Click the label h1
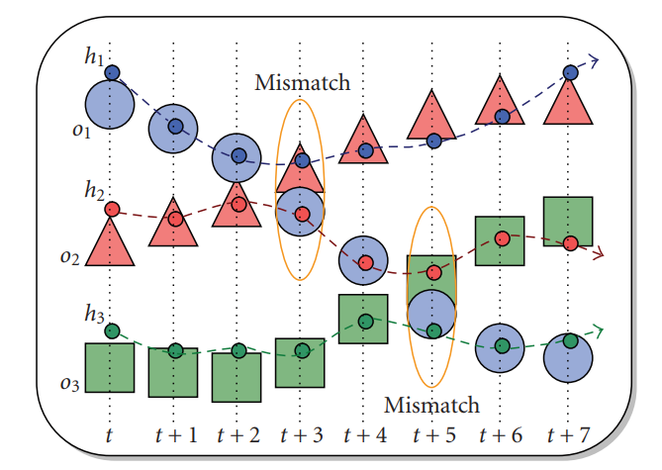[94, 58]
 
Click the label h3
[94, 316]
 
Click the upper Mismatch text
[303, 83]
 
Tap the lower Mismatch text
[431, 405]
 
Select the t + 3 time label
[302, 434]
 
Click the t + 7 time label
[569, 434]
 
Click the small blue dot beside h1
[112, 72]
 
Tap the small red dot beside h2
[112, 210]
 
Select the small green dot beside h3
[112, 330]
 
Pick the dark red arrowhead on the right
[597, 255]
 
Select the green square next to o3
[109, 368]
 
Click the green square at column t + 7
[568, 221]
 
